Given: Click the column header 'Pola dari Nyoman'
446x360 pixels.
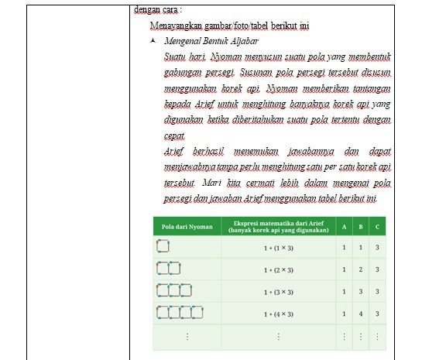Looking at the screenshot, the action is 187,226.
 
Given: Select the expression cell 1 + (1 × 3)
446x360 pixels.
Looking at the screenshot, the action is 278,248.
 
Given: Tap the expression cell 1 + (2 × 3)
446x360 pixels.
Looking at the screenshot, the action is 278,269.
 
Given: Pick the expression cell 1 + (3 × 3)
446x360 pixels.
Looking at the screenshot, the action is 278,292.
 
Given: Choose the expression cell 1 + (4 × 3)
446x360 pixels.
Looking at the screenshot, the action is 278,314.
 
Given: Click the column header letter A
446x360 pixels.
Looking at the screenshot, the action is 344,226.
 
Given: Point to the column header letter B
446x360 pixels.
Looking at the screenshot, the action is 360,226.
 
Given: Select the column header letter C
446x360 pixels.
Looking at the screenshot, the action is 376,226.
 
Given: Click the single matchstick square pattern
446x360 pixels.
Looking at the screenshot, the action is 162,247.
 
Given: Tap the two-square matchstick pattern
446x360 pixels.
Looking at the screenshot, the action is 168,269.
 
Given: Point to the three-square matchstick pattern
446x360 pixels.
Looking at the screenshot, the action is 173,291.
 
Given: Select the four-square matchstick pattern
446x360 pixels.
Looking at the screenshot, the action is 180,314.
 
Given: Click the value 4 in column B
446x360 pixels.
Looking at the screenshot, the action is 360,314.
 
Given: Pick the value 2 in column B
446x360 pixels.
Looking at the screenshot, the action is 360,269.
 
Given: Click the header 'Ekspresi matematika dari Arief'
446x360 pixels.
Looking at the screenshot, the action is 278,222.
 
